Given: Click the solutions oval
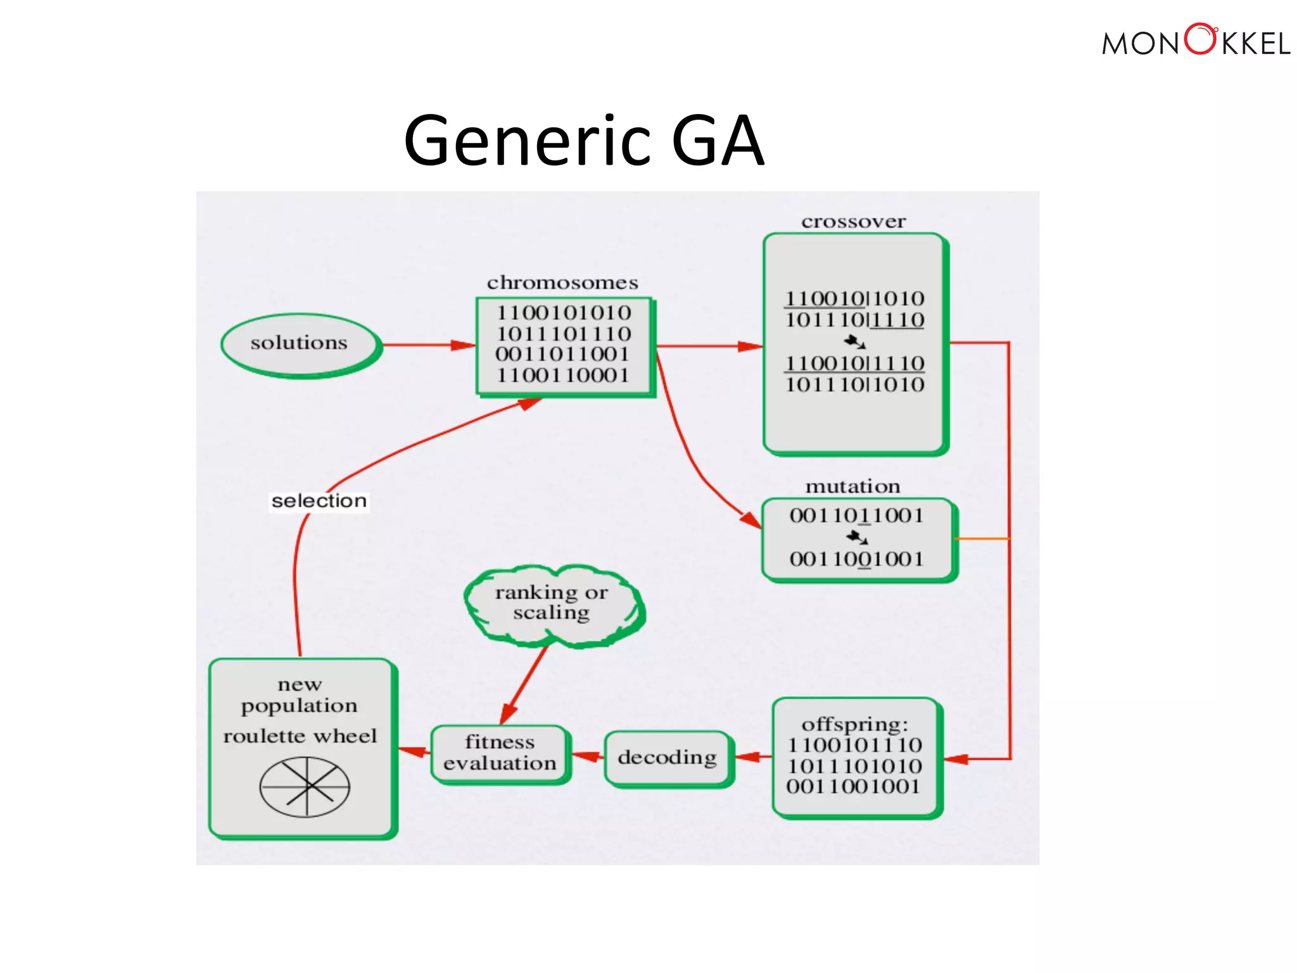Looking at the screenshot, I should pyautogui.click(x=300, y=344).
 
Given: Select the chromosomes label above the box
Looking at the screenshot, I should pyautogui.click(x=562, y=283).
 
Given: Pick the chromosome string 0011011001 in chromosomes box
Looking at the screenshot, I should pyautogui.click(x=562, y=354).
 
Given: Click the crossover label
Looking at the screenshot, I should pyautogui.click(x=853, y=222).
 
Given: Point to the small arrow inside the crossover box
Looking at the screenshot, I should pyautogui.click(x=855, y=342).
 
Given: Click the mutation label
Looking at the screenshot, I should pyautogui.click(x=852, y=486).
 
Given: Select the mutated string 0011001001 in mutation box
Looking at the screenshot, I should pyautogui.click(x=856, y=559).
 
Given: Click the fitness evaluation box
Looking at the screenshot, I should pyautogui.click(x=500, y=753).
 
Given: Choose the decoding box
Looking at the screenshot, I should pyautogui.click(x=667, y=758).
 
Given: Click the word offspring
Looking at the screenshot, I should pyautogui.click(x=854, y=724).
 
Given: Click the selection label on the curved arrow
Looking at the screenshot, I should pyautogui.click(x=319, y=501).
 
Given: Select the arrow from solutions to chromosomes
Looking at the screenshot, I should pyautogui.click(x=428, y=345).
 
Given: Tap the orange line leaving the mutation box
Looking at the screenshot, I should pyautogui.click(x=982, y=538).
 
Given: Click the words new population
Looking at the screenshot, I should pyautogui.click(x=300, y=695).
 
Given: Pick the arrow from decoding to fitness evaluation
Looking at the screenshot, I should pyautogui.click(x=588, y=756).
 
